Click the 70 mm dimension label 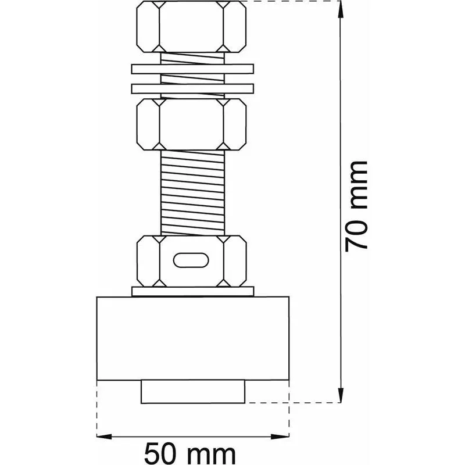click(356, 207)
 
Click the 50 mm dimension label click(190, 453)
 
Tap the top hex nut click(192, 27)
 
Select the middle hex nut click(192, 124)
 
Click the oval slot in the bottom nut click(191, 260)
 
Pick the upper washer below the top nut click(193, 69)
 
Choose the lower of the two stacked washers click(193, 89)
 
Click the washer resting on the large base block click(193, 291)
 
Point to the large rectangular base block click(193, 338)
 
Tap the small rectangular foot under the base click(193, 391)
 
